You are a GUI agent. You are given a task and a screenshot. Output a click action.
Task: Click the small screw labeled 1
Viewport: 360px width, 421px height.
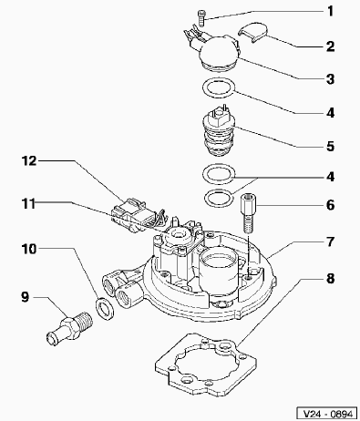(201, 17)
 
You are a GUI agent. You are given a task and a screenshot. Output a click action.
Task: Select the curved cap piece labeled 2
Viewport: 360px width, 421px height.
(252, 32)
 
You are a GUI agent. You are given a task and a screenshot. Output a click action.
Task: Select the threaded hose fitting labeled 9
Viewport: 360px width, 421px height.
(70, 329)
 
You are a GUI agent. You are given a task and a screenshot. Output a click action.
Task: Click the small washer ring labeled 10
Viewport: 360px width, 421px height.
(105, 309)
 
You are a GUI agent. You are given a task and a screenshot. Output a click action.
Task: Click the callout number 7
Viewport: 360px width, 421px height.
(331, 242)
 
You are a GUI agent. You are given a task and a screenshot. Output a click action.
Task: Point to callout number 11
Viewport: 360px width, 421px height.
(28, 204)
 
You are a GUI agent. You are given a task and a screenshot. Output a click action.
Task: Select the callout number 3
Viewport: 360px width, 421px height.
(331, 79)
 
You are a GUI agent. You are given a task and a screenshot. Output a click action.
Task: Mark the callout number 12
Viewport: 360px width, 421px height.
(29, 160)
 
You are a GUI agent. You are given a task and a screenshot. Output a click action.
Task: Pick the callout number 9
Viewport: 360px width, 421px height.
(25, 297)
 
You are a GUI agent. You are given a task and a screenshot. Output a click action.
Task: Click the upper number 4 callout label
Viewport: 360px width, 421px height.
(331, 113)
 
